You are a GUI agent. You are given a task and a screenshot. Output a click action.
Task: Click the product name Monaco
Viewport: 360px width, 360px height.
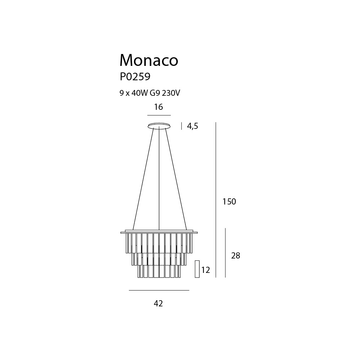pos(149,60)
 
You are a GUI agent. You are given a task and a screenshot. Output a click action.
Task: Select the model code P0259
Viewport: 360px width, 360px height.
pos(135,77)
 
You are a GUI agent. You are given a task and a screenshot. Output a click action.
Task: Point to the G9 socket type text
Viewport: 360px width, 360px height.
pos(155,93)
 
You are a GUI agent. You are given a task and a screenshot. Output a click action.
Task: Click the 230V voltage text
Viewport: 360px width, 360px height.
pos(171,93)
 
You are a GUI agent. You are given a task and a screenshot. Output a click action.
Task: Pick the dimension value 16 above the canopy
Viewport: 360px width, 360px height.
pos(158,107)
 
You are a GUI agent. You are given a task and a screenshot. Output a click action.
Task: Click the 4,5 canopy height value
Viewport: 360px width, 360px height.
pos(192,126)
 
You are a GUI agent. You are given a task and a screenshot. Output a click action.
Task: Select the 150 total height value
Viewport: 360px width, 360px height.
pos(229,201)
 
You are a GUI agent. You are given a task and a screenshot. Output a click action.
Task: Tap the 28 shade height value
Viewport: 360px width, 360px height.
pos(235,255)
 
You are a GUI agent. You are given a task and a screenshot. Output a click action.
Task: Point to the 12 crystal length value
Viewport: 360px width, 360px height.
pos(206,270)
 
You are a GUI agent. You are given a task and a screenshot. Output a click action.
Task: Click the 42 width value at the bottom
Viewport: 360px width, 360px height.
pos(158,303)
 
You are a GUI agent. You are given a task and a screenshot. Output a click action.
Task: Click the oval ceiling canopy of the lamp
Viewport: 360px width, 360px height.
pos(159,126)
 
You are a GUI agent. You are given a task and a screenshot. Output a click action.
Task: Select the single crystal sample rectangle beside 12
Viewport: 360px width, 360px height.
pos(197,269)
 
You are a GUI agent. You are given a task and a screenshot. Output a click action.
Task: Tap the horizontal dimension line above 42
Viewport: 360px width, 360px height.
pos(159,291)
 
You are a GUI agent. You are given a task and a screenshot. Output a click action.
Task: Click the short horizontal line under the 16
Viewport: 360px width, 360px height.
pos(159,115)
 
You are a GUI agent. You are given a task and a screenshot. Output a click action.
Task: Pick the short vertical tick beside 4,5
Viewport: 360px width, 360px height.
pos(181,126)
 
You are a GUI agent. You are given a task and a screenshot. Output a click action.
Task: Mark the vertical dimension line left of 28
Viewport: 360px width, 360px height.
pos(225,253)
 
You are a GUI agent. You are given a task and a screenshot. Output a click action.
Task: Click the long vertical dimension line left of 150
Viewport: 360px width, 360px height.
pos(216,200)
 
